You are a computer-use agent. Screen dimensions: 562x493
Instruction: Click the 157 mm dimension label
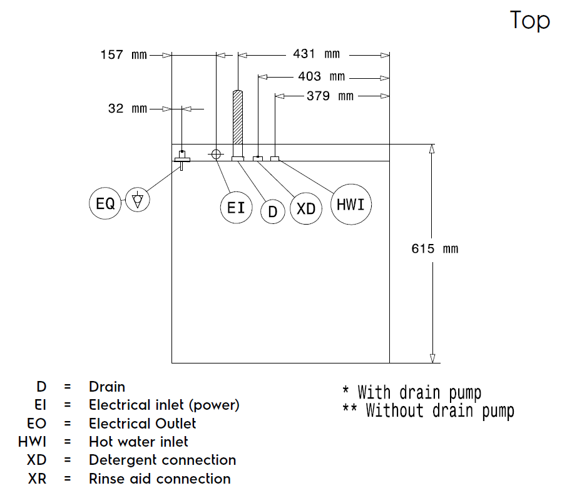(124, 55)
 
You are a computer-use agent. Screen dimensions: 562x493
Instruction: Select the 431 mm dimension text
(316, 54)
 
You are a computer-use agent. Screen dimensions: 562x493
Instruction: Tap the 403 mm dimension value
(321, 76)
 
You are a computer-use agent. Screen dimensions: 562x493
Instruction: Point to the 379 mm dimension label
(330, 96)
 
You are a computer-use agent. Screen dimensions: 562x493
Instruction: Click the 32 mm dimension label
(128, 109)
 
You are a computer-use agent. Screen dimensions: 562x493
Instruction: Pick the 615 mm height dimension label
(435, 248)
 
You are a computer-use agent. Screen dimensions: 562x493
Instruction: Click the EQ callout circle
(105, 203)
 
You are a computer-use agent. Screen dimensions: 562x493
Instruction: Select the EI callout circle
(236, 208)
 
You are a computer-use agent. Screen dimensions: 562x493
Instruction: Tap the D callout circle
(273, 211)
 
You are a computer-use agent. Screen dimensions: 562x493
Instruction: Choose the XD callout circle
(306, 208)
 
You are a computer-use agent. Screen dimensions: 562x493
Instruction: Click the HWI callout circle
(351, 205)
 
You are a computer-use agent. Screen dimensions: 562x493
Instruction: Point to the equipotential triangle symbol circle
(138, 200)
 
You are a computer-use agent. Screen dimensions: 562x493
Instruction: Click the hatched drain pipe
(238, 117)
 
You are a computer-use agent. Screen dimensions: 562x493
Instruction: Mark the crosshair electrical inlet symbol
(216, 154)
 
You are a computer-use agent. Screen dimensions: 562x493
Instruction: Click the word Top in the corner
(529, 21)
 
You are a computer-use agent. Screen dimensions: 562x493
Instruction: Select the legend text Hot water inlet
(138, 442)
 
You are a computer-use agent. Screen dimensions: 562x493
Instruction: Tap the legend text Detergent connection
(162, 460)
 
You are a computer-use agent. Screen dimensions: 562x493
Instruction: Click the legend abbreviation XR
(38, 479)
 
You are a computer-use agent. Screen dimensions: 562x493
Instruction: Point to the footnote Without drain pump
(440, 411)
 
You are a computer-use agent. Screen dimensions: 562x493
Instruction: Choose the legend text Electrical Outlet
(142, 424)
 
